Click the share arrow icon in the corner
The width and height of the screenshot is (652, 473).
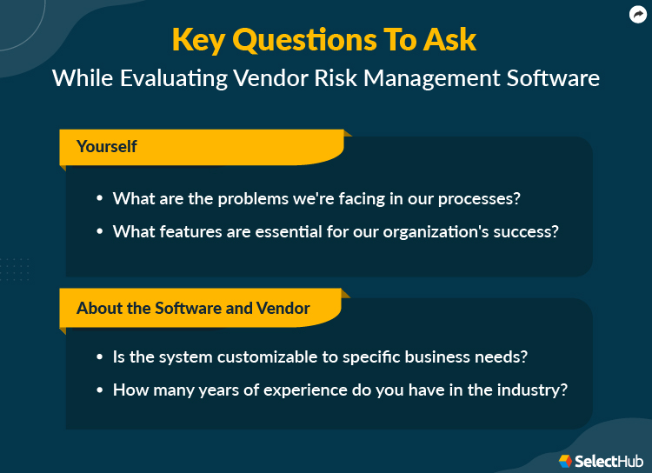point(636,14)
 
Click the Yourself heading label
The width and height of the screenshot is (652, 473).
point(107,146)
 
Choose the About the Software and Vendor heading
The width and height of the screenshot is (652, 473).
point(193,308)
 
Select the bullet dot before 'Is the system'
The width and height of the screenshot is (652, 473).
point(99,357)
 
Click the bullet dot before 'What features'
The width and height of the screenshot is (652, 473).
point(99,233)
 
